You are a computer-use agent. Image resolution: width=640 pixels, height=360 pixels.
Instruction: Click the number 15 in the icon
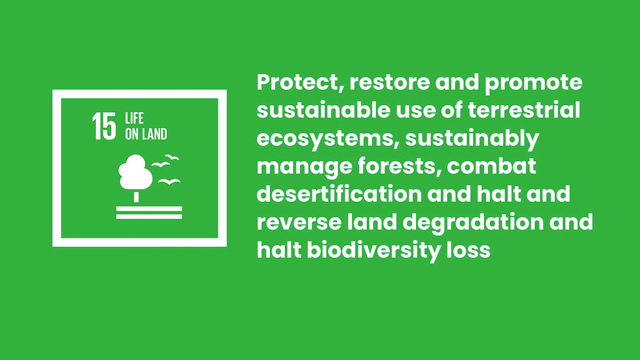click(x=104, y=126)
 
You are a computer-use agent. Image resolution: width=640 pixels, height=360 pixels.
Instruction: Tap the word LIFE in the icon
click(x=134, y=118)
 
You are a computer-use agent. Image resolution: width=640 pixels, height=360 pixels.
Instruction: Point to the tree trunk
click(x=136, y=197)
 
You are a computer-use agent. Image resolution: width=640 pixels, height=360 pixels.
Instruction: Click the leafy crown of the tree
click(x=135, y=172)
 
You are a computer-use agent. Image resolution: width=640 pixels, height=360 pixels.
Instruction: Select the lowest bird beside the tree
click(x=169, y=181)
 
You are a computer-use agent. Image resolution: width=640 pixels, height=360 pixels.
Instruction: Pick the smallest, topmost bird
click(x=172, y=157)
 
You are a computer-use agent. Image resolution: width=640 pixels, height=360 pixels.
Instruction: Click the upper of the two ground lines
click(x=149, y=208)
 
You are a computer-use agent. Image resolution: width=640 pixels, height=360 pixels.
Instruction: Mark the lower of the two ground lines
click(x=149, y=217)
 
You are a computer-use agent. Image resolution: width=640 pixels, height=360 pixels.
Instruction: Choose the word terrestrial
click(x=524, y=110)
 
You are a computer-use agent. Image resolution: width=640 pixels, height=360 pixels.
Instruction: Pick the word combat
click(x=492, y=166)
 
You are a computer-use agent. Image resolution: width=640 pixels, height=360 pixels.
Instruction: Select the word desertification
click(x=339, y=193)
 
